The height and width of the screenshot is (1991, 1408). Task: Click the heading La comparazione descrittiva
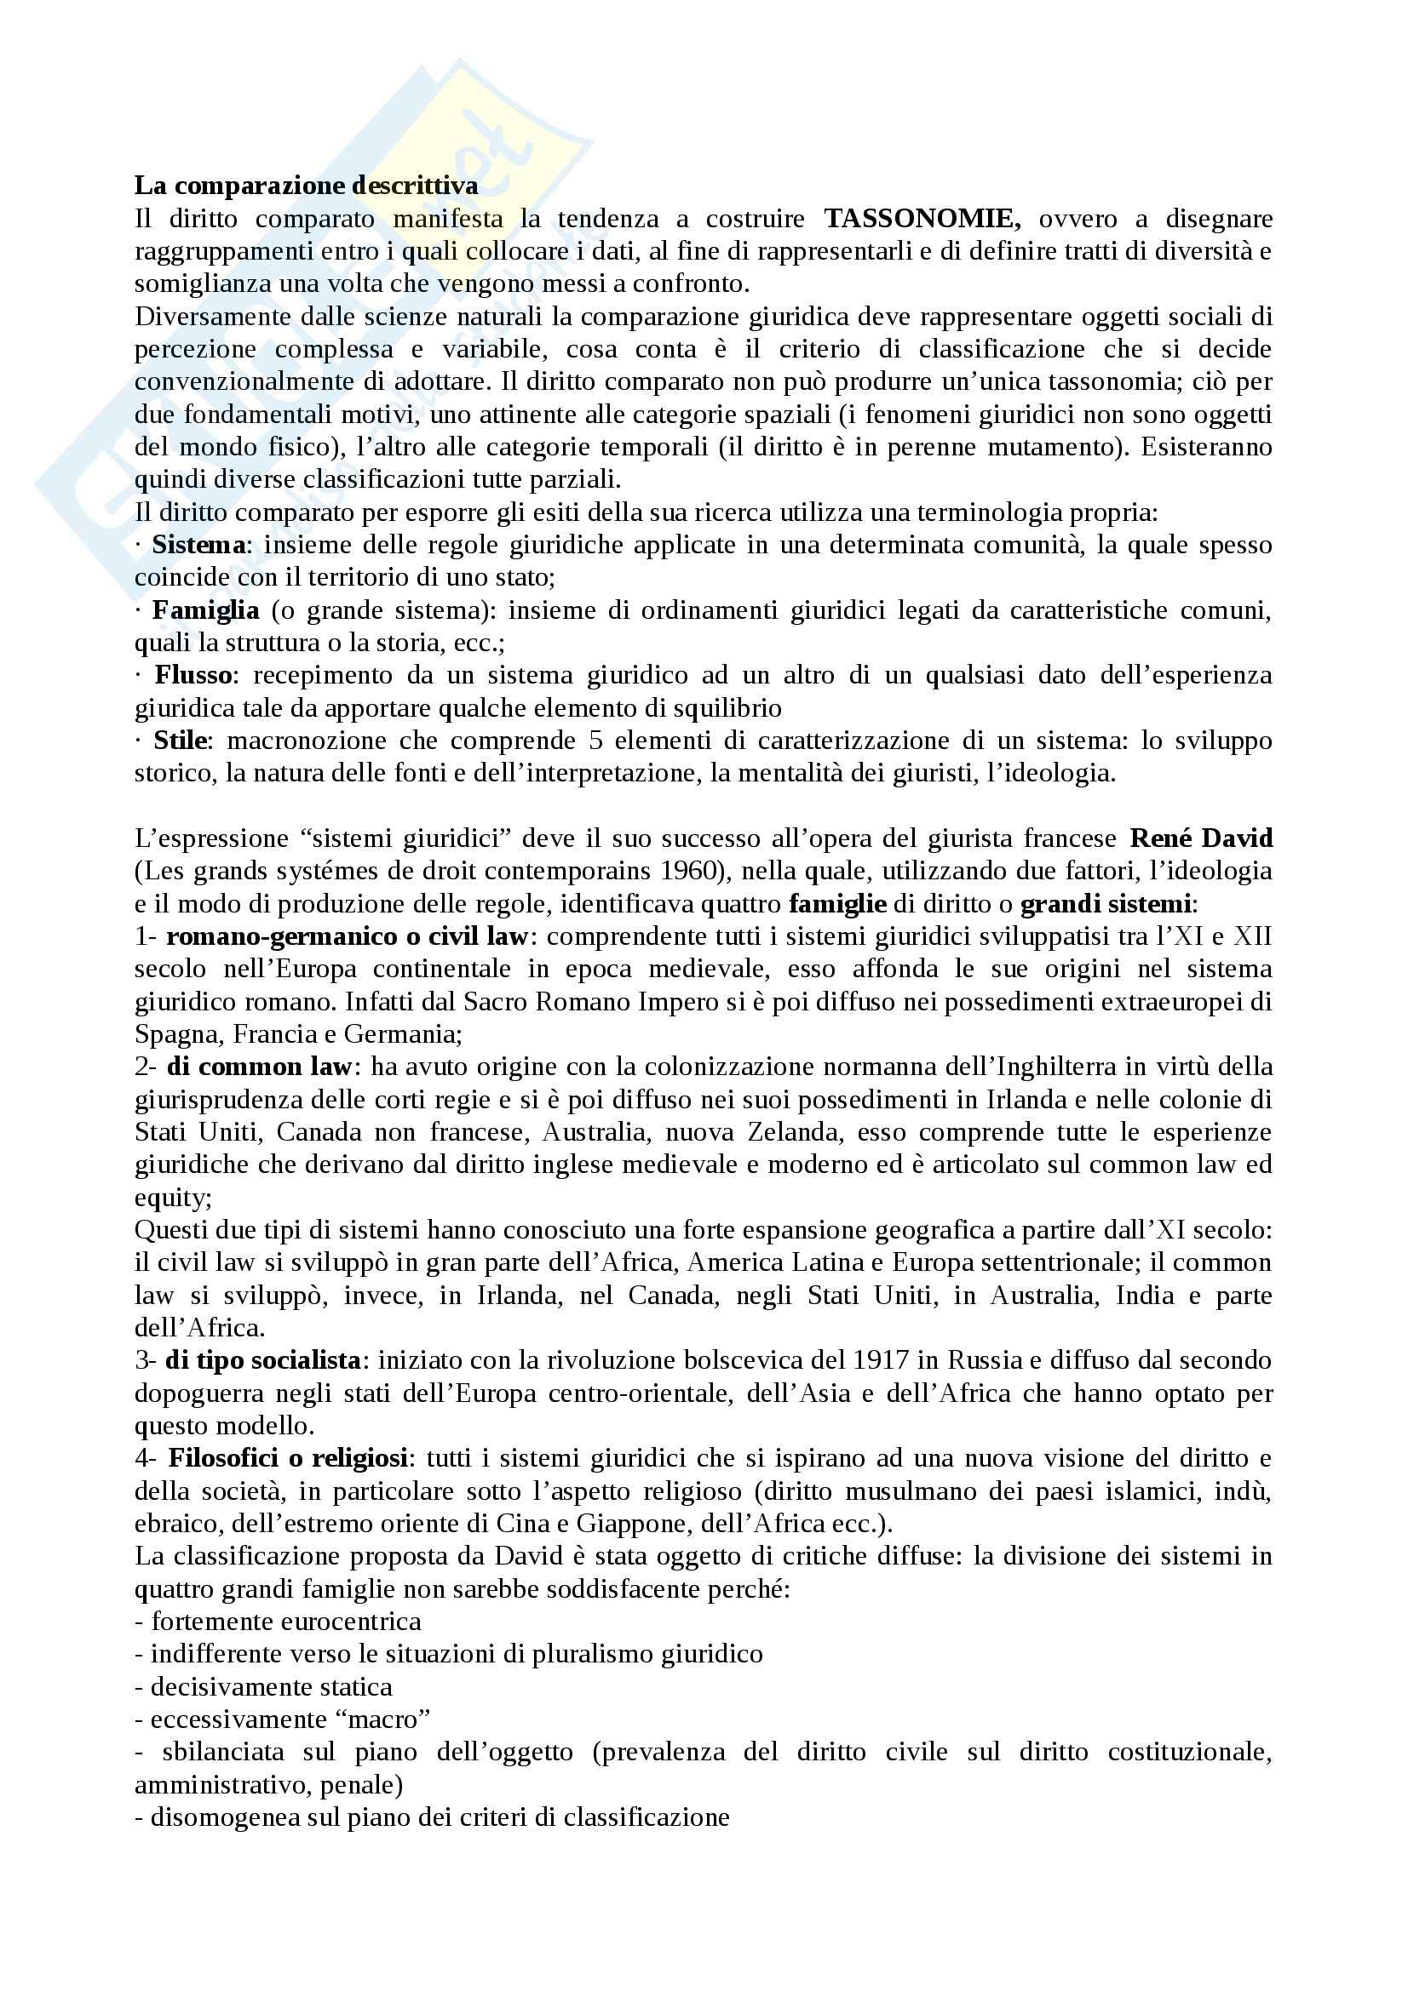306,186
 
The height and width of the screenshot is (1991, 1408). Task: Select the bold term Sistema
198,545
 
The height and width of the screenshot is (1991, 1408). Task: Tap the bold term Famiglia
205,610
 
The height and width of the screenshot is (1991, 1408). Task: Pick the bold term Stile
181,741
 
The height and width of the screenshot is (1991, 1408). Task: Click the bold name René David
1201,838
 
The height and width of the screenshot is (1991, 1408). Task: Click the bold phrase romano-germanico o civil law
347,936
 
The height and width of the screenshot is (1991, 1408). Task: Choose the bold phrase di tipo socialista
263,1359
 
